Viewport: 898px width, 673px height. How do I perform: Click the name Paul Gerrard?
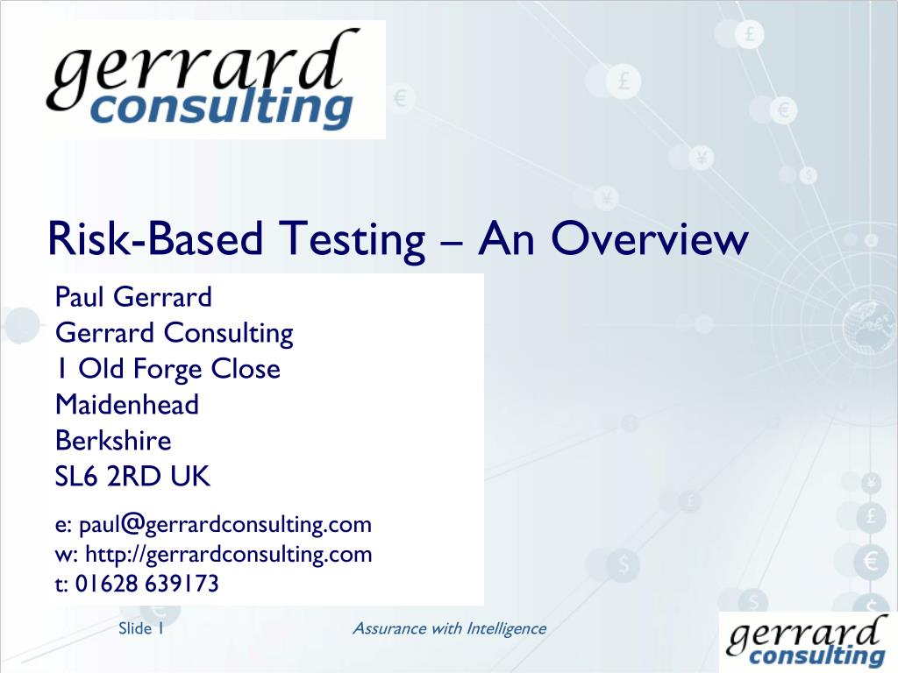(x=133, y=298)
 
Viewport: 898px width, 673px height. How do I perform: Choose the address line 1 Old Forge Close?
(x=167, y=369)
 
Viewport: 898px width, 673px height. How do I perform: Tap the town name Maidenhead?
(x=127, y=405)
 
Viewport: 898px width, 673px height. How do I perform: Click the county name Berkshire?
(x=113, y=441)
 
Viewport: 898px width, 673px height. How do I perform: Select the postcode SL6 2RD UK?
(x=132, y=477)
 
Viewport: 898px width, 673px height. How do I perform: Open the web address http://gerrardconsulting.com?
(x=225, y=554)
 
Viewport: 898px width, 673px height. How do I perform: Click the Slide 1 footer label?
(x=141, y=628)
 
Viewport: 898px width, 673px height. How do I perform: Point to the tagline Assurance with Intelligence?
(x=448, y=628)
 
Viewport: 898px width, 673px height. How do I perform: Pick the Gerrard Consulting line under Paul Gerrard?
(x=174, y=333)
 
